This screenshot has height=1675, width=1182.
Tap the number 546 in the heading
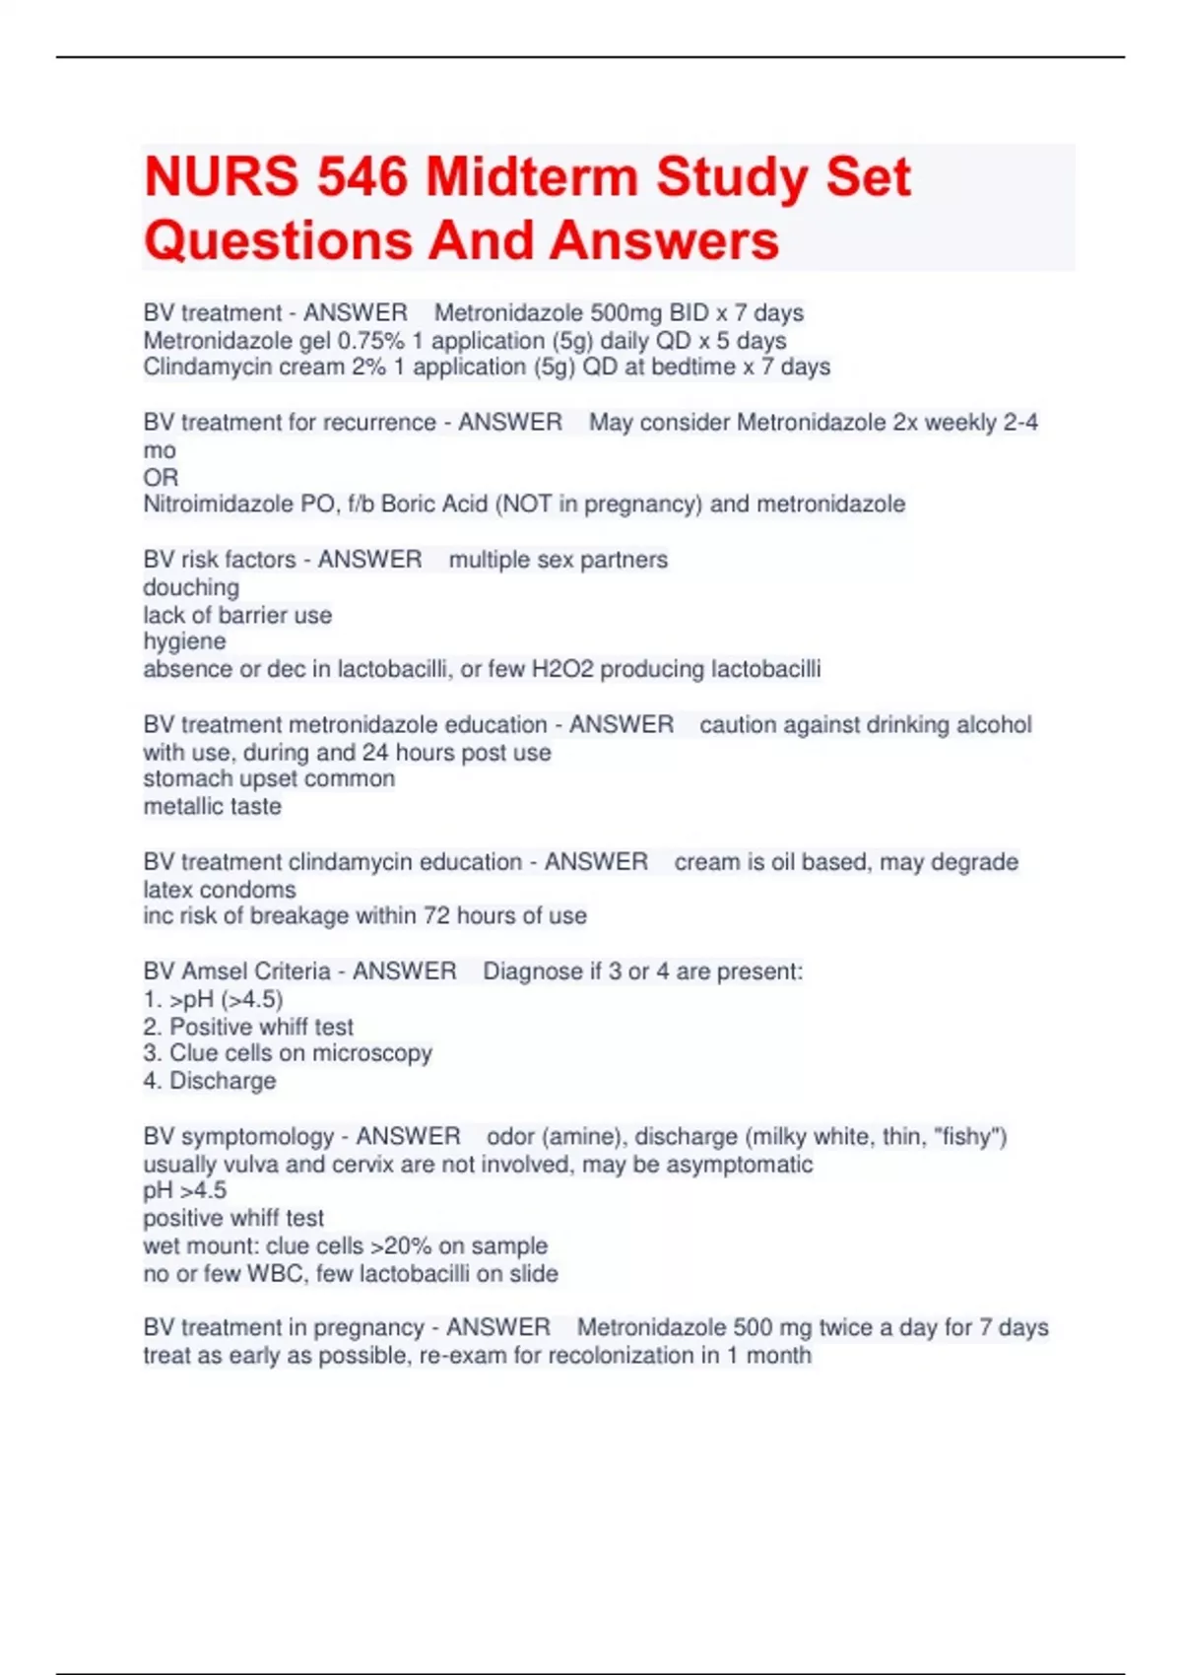(362, 177)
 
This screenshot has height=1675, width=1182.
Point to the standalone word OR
(161, 478)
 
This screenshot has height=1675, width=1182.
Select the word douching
(191, 588)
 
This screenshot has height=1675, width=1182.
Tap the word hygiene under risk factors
(184, 642)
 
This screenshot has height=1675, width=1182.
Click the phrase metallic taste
(213, 807)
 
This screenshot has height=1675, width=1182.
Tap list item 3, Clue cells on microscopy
(288, 1053)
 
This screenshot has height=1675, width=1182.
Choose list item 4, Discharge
(210, 1081)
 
